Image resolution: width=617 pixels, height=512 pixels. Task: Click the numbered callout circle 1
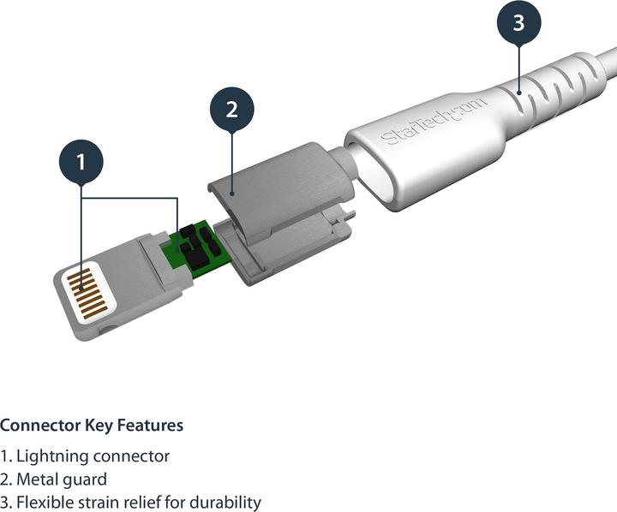(81, 161)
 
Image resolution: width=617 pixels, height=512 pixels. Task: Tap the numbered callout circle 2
(231, 110)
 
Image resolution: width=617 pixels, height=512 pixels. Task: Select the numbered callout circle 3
(518, 23)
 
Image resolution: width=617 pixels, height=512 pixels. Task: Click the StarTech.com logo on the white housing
(434, 121)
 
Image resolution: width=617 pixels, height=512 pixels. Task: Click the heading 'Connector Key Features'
(91, 426)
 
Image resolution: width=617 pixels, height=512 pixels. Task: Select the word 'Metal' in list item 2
(37, 479)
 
